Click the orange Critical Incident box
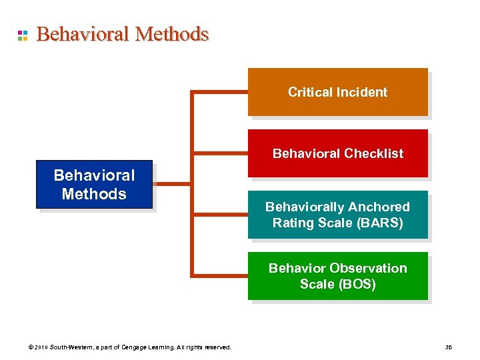click(337, 92)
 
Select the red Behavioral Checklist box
click(337, 153)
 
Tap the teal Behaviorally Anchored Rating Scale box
click(337, 215)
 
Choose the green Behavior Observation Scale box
click(337, 276)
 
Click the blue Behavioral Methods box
click(94, 185)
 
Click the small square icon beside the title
click(22, 35)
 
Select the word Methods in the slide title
click(171, 34)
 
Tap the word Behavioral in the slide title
click(83, 34)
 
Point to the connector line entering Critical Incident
click(220, 92)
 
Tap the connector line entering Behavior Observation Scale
click(220, 275)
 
